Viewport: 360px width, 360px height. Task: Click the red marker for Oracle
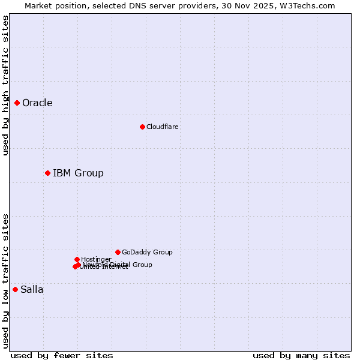(x=17, y=103)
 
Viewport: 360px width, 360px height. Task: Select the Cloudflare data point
(x=142, y=127)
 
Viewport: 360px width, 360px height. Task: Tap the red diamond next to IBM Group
(x=47, y=173)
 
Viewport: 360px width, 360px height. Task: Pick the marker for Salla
(x=15, y=289)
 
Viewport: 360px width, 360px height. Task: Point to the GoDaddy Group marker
(x=118, y=252)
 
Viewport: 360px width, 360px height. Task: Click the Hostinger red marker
(x=77, y=259)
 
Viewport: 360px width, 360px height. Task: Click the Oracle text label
(x=37, y=103)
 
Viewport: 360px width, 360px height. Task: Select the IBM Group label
(x=78, y=173)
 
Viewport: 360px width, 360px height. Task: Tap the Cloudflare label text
(x=162, y=127)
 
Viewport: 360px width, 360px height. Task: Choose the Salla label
(x=32, y=290)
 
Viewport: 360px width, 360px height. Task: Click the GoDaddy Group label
(x=147, y=253)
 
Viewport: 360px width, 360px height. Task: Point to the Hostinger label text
(x=96, y=259)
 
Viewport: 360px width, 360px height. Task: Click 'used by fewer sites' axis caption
(x=62, y=355)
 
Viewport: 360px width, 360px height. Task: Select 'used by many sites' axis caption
(x=301, y=355)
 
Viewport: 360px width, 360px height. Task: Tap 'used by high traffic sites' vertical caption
(x=5, y=85)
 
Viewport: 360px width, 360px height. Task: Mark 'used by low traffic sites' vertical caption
(x=5, y=281)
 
